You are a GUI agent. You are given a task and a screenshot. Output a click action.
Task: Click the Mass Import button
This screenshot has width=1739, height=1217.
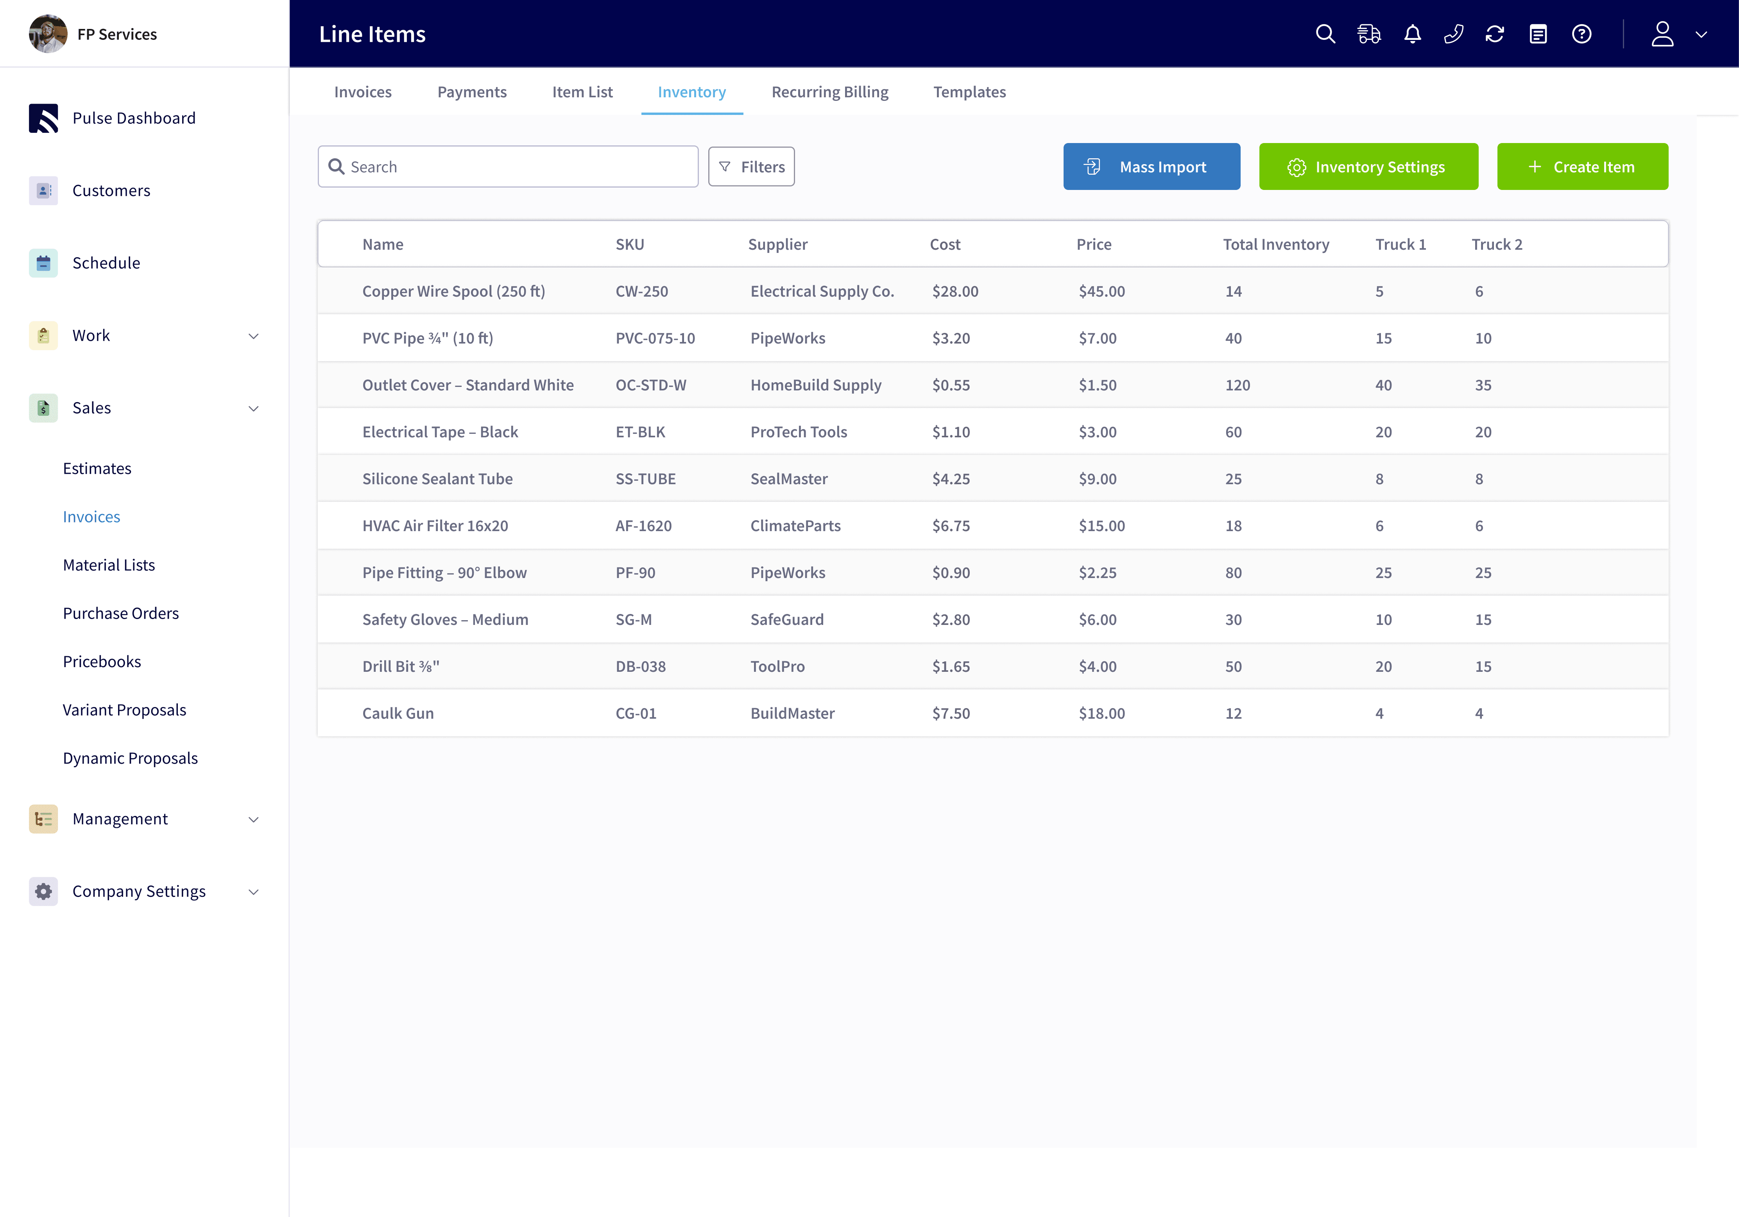[x=1151, y=166]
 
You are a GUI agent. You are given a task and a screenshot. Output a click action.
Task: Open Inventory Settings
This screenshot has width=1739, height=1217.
[x=1368, y=166]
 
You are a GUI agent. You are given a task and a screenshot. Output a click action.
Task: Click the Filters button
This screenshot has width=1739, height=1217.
[x=751, y=166]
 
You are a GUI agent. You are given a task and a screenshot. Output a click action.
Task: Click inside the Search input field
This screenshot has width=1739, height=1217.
[x=515, y=166]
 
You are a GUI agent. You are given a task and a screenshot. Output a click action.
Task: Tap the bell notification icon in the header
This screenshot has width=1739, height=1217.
[x=1412, y=34]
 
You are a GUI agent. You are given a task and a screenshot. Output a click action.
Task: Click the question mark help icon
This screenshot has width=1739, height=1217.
[x=1581, y=34]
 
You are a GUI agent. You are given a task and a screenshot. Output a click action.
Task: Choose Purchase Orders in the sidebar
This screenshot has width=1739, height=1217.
[x=120, y=614]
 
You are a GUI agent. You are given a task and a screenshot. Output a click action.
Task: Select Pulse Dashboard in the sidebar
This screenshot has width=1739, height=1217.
[x=133, y=118]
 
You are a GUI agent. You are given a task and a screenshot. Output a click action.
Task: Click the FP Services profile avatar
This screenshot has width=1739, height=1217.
[x=48, y=34]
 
